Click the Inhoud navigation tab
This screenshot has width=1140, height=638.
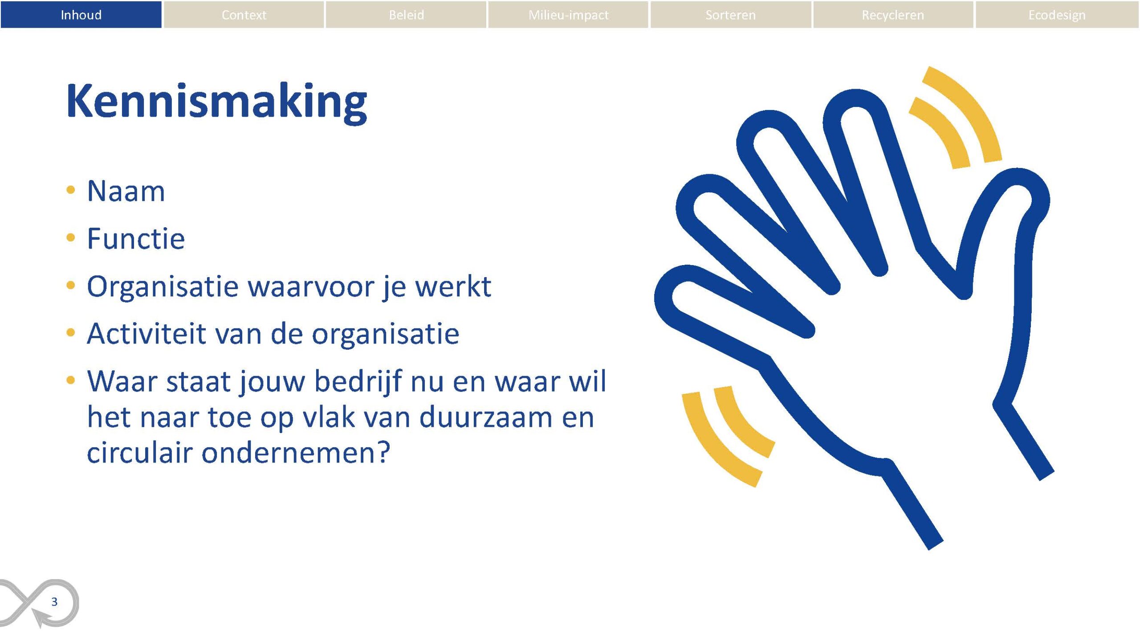coord(81,15)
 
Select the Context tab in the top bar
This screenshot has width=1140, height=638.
coord(244,15)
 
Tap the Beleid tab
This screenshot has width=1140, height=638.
coord(406,15)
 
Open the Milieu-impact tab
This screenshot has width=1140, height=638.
coord(568,15)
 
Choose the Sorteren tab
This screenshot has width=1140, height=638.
coord(730,15)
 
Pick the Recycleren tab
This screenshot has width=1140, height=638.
coord(893,15)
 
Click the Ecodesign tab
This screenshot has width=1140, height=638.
coord(1057,15)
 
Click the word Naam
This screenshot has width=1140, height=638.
coord(126,191)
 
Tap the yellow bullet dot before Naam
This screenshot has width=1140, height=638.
coord(70,190)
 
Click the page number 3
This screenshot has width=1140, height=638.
coord(54,602)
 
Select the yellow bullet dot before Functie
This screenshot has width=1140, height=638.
coord(70,237)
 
